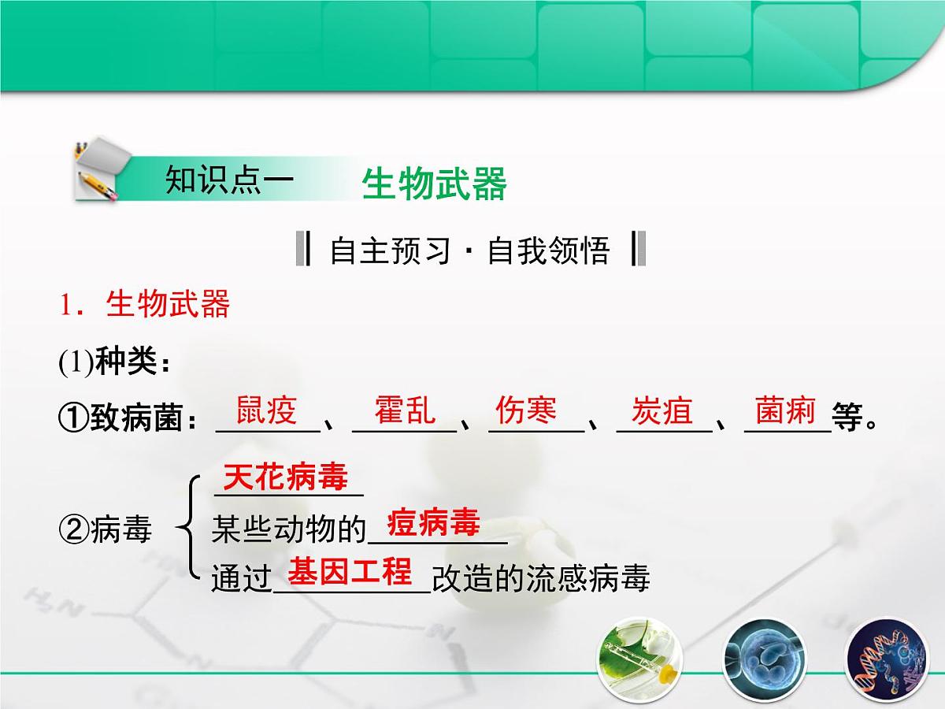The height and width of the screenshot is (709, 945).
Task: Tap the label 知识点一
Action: (x=229, y=180)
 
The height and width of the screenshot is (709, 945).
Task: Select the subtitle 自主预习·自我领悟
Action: (x=470, y=251)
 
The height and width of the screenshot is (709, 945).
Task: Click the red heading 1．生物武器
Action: (x=145, y=305)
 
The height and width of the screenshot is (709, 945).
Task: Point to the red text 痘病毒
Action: (x=434, y=522)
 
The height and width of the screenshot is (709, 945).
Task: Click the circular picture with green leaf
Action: (x=635, y=659)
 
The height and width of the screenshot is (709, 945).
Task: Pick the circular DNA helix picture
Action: (x=882, y=659)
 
